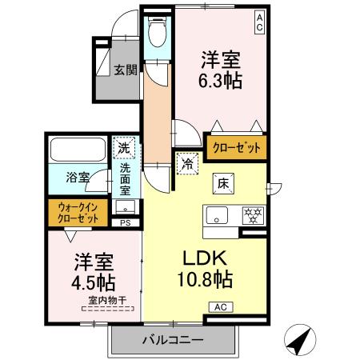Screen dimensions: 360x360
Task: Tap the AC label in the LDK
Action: pos(219,306)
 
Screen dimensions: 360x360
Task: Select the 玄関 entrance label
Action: pos(124,69)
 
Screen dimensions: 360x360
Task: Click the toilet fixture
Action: pos(157,31)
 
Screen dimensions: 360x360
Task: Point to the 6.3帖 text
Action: pos(221,81)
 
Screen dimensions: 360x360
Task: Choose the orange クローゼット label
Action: pos(236,147)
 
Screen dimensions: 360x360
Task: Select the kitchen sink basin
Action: pos(219,215)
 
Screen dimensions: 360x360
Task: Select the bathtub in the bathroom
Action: pos(78,150)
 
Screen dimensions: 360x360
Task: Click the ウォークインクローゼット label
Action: pos(78,212)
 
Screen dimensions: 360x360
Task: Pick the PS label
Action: pos(124,224)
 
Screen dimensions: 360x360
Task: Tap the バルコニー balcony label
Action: pos(174,339)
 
